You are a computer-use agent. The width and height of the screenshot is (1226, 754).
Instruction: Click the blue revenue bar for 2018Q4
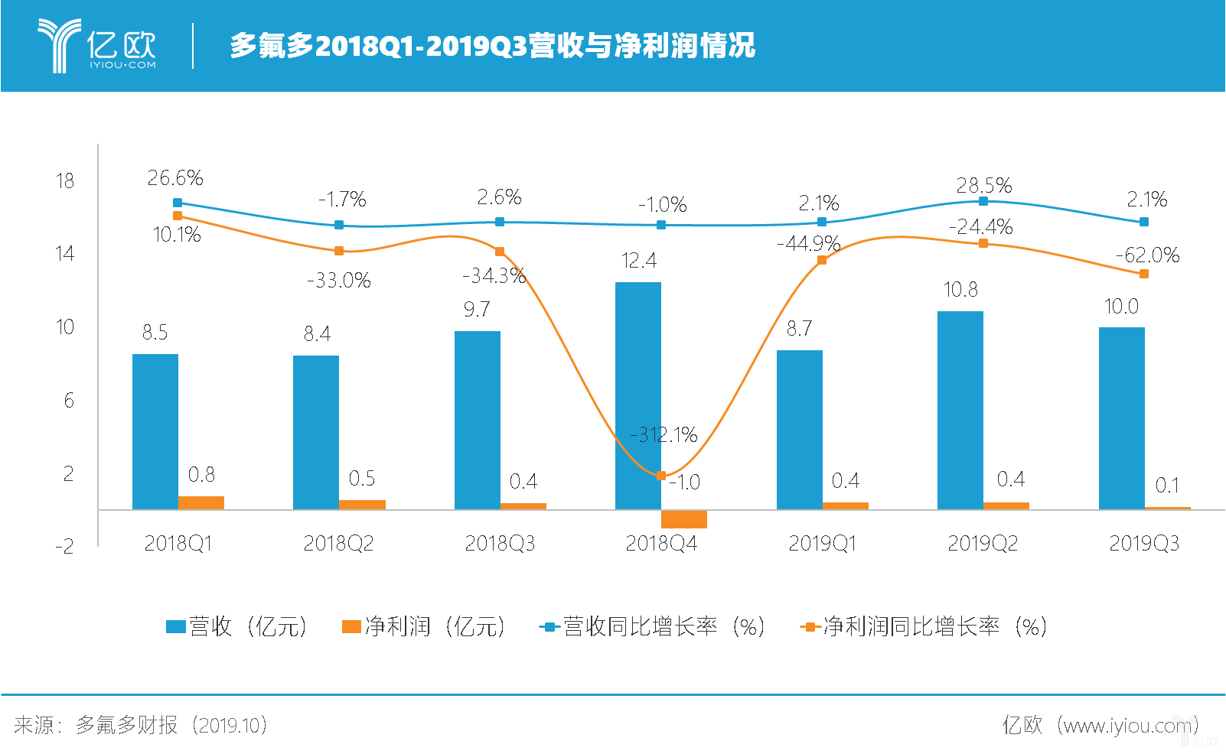(638, 396)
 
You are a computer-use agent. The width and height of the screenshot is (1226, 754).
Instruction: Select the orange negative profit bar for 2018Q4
(684, 519)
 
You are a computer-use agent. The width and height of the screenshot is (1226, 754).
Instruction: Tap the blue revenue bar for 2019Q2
(960, 410)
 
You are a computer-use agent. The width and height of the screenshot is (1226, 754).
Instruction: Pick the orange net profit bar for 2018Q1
(201, 502)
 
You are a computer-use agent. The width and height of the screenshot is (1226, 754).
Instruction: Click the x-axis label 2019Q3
(1144, 543)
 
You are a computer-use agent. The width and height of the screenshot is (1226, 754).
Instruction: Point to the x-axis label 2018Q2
(338, 543)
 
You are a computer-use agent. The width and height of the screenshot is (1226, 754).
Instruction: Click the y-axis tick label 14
(64, 254)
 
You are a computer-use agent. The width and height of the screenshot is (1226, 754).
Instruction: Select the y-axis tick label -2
(64, 546)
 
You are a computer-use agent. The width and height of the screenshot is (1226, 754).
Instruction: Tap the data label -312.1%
(664, 434)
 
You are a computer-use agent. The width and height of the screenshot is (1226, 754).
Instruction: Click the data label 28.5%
(984, 185)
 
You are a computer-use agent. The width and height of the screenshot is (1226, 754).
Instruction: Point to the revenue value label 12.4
(639, 260)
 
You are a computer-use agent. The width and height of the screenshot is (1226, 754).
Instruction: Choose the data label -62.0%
(1148, 255)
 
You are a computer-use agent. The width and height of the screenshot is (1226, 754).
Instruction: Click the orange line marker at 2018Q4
(661, 476)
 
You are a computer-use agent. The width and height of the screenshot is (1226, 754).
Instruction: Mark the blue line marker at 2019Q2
(983, 201)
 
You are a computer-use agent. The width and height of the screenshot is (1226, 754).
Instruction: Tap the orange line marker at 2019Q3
(1144, 274)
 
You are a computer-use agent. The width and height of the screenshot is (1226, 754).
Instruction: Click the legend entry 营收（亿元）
(237, 626)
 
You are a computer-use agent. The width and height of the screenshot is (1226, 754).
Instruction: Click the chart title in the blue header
(493, 45)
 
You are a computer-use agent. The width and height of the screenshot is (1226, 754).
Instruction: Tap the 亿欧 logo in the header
(97, 45)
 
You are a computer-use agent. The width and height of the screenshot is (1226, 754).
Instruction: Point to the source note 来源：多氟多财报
(96, 725)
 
